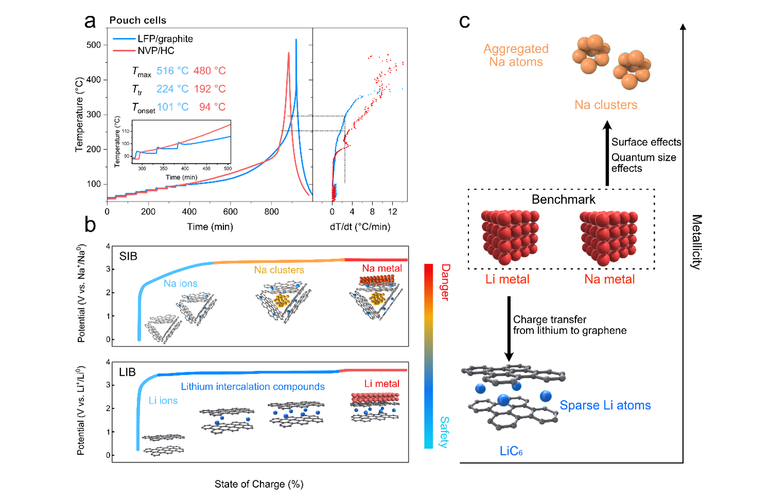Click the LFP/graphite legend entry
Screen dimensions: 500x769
coord(165,39)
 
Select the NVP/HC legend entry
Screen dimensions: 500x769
coord(155,50)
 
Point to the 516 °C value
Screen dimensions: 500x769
coord(172,71)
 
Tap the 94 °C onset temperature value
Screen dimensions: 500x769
coord(212,107)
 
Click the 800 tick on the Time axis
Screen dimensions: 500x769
coord(272,211)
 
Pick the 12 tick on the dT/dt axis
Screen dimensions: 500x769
coord(393,211)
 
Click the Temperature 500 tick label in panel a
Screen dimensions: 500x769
coord(94,45)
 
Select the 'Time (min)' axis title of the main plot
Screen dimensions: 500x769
coord(210,227)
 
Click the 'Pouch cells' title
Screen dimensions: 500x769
coord(138,20)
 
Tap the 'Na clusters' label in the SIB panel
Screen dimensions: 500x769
coord(279,270)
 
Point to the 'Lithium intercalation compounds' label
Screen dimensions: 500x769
coord(253,386)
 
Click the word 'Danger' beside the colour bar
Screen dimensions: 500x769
coord(445,282)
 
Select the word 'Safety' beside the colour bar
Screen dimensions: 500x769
coord(444,432)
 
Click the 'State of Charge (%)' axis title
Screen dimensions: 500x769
coord(259,484)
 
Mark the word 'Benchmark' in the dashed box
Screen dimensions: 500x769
coord(563,199)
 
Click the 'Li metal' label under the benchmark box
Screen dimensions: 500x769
coord(508,279)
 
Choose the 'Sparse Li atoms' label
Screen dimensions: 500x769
coord(605,405)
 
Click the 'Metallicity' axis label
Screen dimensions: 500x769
coord(696,242)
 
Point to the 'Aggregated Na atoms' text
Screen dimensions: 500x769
coord(516,55)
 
